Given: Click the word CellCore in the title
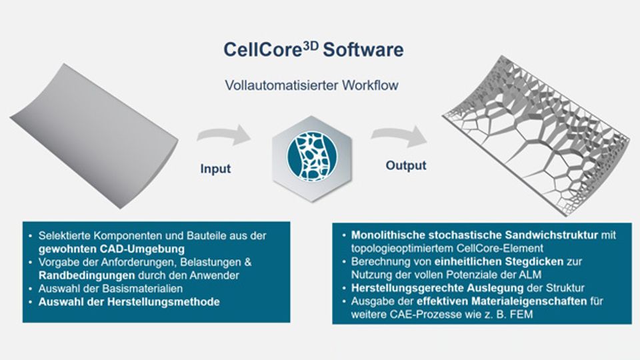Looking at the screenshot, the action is [x=263, y=50].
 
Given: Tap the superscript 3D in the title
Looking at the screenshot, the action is [x=311, y=45].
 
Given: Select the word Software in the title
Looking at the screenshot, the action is [x=363, y=50].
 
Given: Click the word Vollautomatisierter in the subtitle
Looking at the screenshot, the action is [x=281, y=85].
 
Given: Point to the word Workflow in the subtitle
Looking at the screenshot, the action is [x=370, y=85].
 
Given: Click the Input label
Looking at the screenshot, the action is [x=215, y=169].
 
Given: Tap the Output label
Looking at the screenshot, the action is [x=406, y=165].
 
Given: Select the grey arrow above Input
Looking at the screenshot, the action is [x=224, y=135].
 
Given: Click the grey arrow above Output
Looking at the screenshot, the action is [x=399, y=135].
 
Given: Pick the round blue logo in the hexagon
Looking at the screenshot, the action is [x=312, y=156].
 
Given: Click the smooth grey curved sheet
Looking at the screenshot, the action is [x=94, y=135].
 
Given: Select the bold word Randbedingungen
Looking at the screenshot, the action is [x=87, y=275].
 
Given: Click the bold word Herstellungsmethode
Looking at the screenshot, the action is [x=163, y=301].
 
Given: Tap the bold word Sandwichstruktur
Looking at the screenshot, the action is [x=551, y=235].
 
